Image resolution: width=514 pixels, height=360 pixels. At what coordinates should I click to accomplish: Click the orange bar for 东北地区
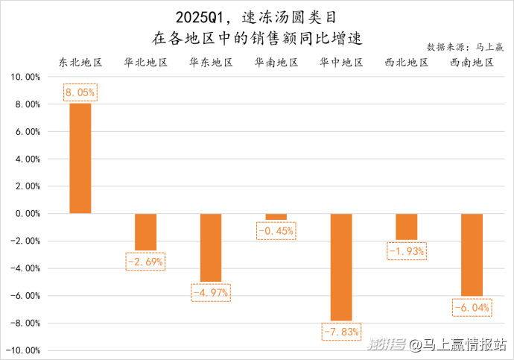coord(80,158)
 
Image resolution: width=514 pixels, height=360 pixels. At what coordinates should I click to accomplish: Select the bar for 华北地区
coord(145,232)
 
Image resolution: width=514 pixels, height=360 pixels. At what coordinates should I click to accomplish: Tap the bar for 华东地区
coord(211,247)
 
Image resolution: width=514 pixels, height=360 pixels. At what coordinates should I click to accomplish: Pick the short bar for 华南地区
coord(276,217)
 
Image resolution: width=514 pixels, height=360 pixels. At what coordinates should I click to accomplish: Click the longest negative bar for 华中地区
coord(341,267)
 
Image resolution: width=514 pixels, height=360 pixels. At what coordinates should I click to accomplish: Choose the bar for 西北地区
coord(406,227)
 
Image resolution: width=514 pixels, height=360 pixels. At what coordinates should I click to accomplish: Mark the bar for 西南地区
coord(472,255)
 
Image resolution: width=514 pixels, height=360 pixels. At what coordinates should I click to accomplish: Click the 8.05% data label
coord(80,93)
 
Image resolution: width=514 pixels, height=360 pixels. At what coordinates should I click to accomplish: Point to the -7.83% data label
coord(341,331)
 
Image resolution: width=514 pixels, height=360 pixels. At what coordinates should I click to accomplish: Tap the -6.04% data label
coord(472,306)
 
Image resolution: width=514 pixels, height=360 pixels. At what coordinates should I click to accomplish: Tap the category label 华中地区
coord(341,63)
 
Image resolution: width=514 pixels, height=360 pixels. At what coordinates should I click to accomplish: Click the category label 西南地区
coord(472,63)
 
